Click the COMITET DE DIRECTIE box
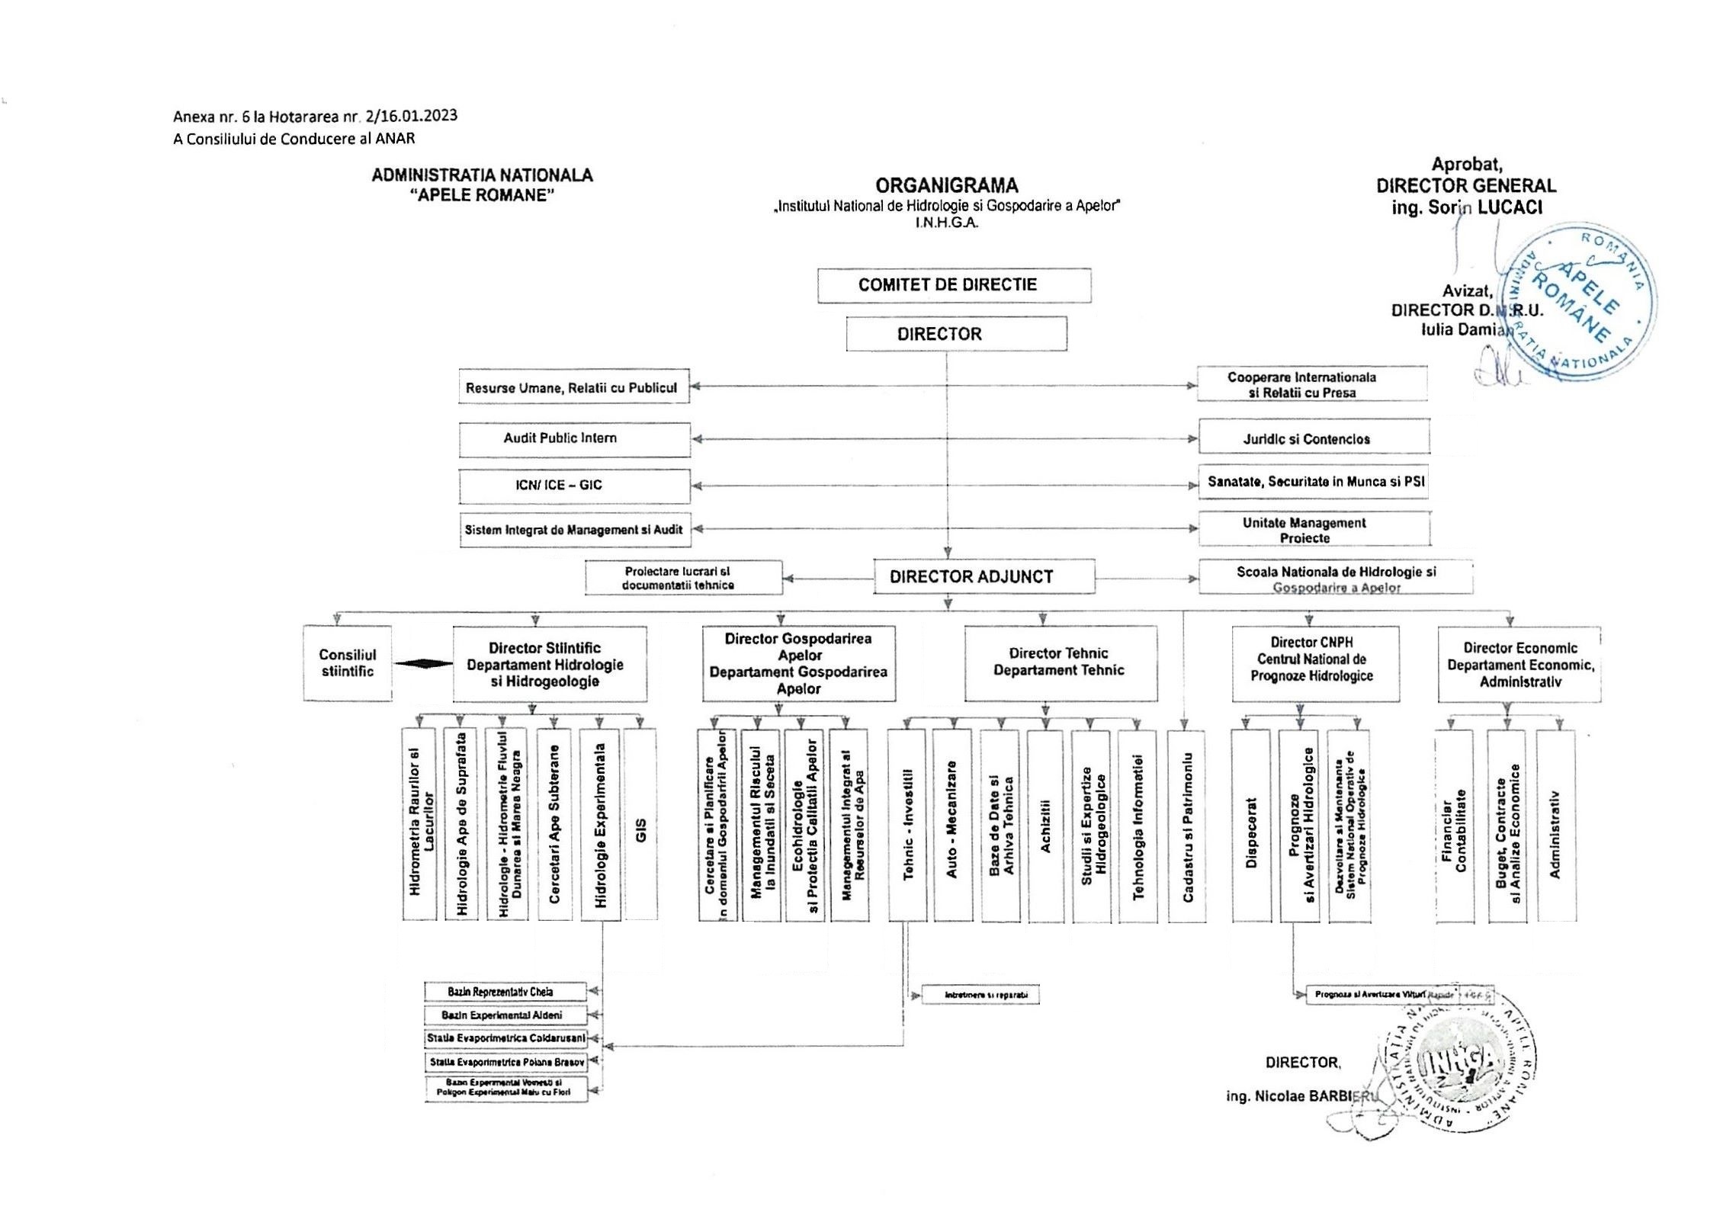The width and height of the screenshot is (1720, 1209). click(x=954, y=285)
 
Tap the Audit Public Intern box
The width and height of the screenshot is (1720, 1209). click(x=575, y=439)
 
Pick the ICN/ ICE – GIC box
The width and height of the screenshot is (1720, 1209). click(x=575, y=486)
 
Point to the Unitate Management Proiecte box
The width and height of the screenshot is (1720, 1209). click(x=1314, y=530)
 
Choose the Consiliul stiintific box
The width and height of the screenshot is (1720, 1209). click(x=348, y=663)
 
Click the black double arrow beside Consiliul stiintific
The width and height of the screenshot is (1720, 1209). click(x=424, y=664)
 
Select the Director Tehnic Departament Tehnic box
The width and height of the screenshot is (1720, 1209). click(x=1061, y=662)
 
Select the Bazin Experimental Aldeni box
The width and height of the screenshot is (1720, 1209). click(x=505, y=1015)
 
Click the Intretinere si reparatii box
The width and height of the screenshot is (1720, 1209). click(x=980, y=995)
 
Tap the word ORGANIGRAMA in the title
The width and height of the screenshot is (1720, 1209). click(x=946, y=186)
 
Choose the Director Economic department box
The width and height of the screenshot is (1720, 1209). click(x=1519, y=664)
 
